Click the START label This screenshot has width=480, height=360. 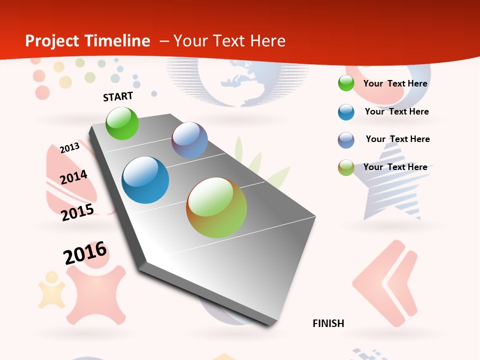click(118, 96)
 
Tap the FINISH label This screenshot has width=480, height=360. click(328, 323)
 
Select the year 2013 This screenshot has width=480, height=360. click(69, 147)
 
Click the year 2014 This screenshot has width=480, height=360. click(73, 177)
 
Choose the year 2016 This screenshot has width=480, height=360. click(85, 253)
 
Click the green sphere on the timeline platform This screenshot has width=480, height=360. click(122, 123)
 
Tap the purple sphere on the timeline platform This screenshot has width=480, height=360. click(189, 140)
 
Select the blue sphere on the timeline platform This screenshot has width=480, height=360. click(145, 180)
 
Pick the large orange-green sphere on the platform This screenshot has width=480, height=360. click(216, 207)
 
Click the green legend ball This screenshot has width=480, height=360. click(346, 83)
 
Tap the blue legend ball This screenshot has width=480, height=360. click(346, 112)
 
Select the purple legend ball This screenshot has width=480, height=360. click(346, 140)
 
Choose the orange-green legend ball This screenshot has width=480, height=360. click(346, 167)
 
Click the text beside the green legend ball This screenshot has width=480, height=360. click(395, 83)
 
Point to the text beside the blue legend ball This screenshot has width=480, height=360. click(396, 111)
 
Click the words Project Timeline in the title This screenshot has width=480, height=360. click(87, 41)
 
